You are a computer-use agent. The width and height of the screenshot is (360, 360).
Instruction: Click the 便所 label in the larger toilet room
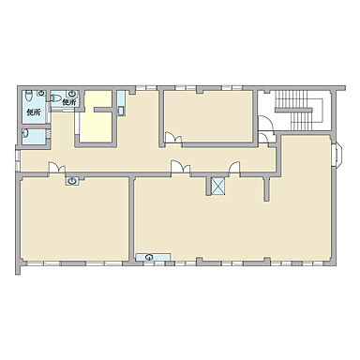pos(34,112)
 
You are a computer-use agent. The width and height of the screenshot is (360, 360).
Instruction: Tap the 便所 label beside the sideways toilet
pos(68,101)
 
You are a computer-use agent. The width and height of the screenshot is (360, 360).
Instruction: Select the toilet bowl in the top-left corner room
pos(29,96)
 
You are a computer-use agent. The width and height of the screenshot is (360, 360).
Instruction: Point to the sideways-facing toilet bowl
pos(56,97)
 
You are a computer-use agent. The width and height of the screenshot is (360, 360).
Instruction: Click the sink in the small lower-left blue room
pos(25,134)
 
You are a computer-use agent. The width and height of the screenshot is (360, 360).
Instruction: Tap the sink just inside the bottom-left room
pos(72,180)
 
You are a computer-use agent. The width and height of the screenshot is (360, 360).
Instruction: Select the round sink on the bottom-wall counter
pos(150,258)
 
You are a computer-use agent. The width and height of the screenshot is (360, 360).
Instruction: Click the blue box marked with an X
pos(218,186)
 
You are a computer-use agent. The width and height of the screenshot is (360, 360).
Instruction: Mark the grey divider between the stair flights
pos(293,110)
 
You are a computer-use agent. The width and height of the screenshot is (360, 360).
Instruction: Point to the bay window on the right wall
pos(338,155)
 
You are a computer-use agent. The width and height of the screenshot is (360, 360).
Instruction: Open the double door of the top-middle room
pos(173,138)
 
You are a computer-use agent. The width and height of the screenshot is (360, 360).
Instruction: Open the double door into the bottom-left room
pos(57,167)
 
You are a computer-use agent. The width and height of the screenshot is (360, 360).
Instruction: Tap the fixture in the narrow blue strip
pos(121,111)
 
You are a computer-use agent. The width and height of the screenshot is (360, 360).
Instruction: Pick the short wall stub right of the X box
pos(266,188)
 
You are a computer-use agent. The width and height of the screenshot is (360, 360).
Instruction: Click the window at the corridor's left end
pos(18,160)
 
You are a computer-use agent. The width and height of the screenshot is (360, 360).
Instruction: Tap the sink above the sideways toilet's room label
pos(72,94)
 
